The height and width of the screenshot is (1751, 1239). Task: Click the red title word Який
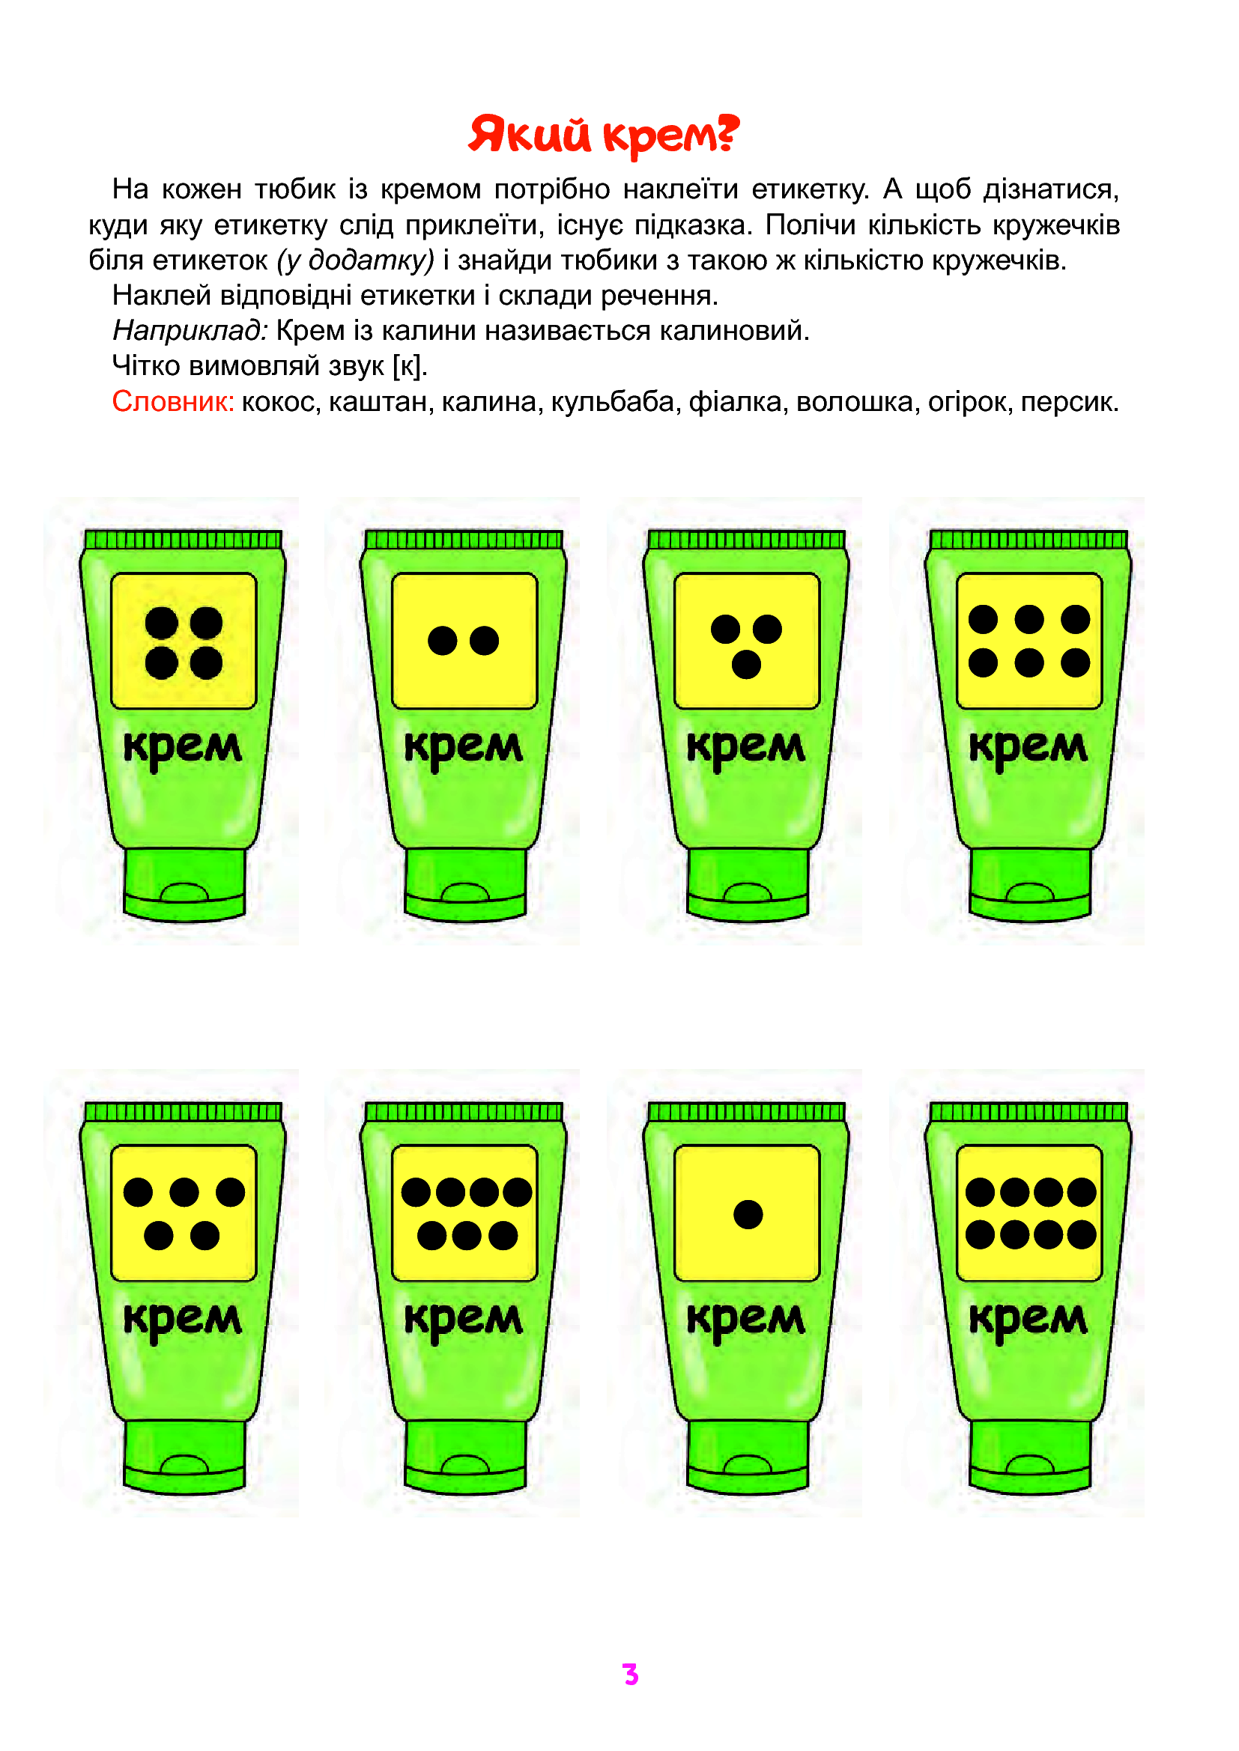[x=530, y=134]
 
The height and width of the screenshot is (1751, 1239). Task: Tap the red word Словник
[x=173, y=401]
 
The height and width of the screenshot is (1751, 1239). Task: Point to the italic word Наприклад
[x=190, y=331]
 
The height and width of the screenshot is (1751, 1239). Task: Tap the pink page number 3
[x=630, y=1674]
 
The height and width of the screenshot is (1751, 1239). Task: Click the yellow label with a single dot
[x=747, y=1213]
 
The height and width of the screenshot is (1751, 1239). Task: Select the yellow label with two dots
[x=464, y=642]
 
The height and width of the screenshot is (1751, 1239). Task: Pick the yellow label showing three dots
[x=747, y=642]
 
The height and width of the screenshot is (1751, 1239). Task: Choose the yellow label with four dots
[x=184, y=642]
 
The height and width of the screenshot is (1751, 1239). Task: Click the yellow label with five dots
[x=184, y=1213]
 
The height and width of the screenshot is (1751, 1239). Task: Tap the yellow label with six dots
[x=1029, y=642]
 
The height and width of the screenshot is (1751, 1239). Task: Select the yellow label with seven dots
[x=464, y=1213]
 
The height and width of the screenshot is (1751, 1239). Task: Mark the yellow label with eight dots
[x=1029, y=1213]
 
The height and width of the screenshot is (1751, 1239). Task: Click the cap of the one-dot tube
[x=747, y=1456]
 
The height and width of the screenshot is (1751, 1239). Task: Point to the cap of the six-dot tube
[x=1030, y=884]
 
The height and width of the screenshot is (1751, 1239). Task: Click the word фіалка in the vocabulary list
[x=735, y=402]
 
